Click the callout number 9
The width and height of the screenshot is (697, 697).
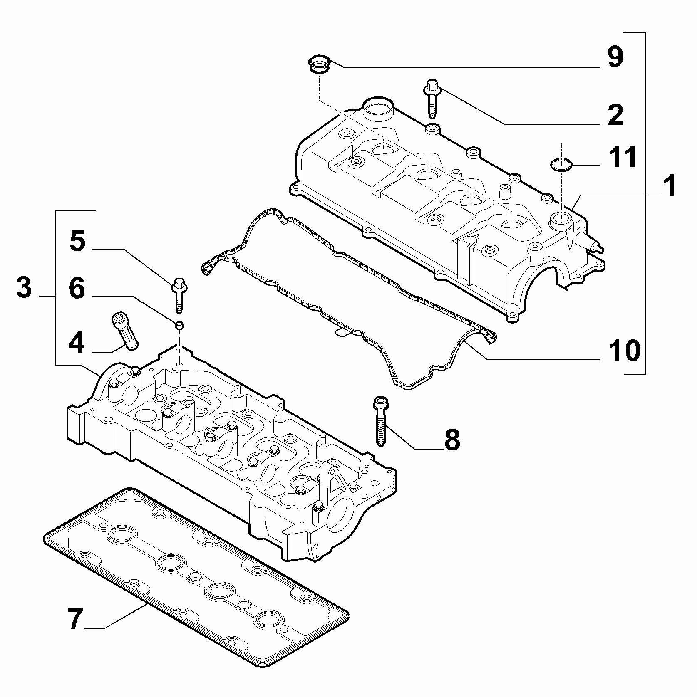point(615,57)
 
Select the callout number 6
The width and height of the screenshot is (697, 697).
point(77,288)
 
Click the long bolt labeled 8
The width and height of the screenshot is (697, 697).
point(380,421)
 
